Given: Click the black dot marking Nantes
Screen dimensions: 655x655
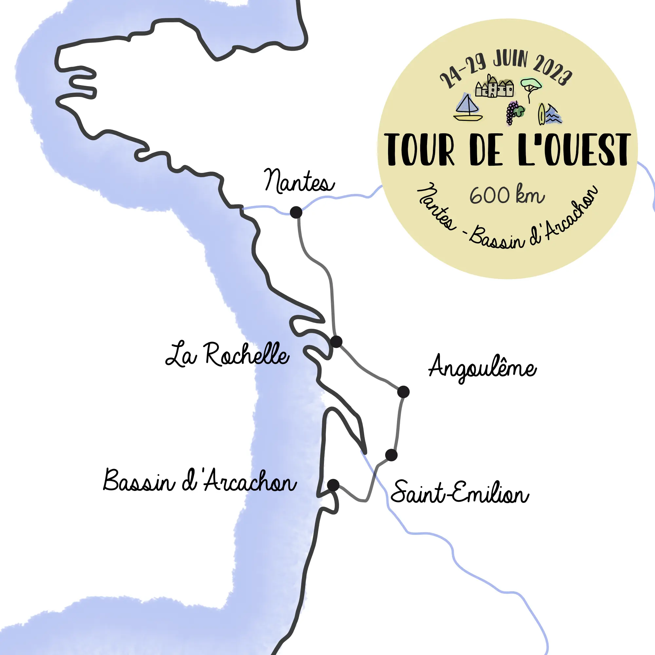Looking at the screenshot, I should pos(296,212).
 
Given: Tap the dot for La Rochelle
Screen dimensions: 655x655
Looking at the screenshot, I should pos(336,341).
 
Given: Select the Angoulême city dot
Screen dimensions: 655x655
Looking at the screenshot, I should pos(403,392).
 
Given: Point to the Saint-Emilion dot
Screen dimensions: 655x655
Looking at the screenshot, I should pos(391,455).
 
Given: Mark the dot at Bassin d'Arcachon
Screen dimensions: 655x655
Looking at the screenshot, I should pos(333,485).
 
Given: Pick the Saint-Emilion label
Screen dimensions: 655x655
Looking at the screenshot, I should pos(459,492).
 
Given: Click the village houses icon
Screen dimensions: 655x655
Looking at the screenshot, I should pos(494,87).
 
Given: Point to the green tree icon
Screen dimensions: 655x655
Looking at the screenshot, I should pos(530,87).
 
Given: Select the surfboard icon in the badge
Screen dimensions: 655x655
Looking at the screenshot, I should pos(541,114).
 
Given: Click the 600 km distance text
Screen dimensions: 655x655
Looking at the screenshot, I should pos(507,195).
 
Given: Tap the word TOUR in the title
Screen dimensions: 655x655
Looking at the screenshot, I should pos(419,150).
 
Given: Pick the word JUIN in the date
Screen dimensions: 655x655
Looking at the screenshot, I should pos(510,59).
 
